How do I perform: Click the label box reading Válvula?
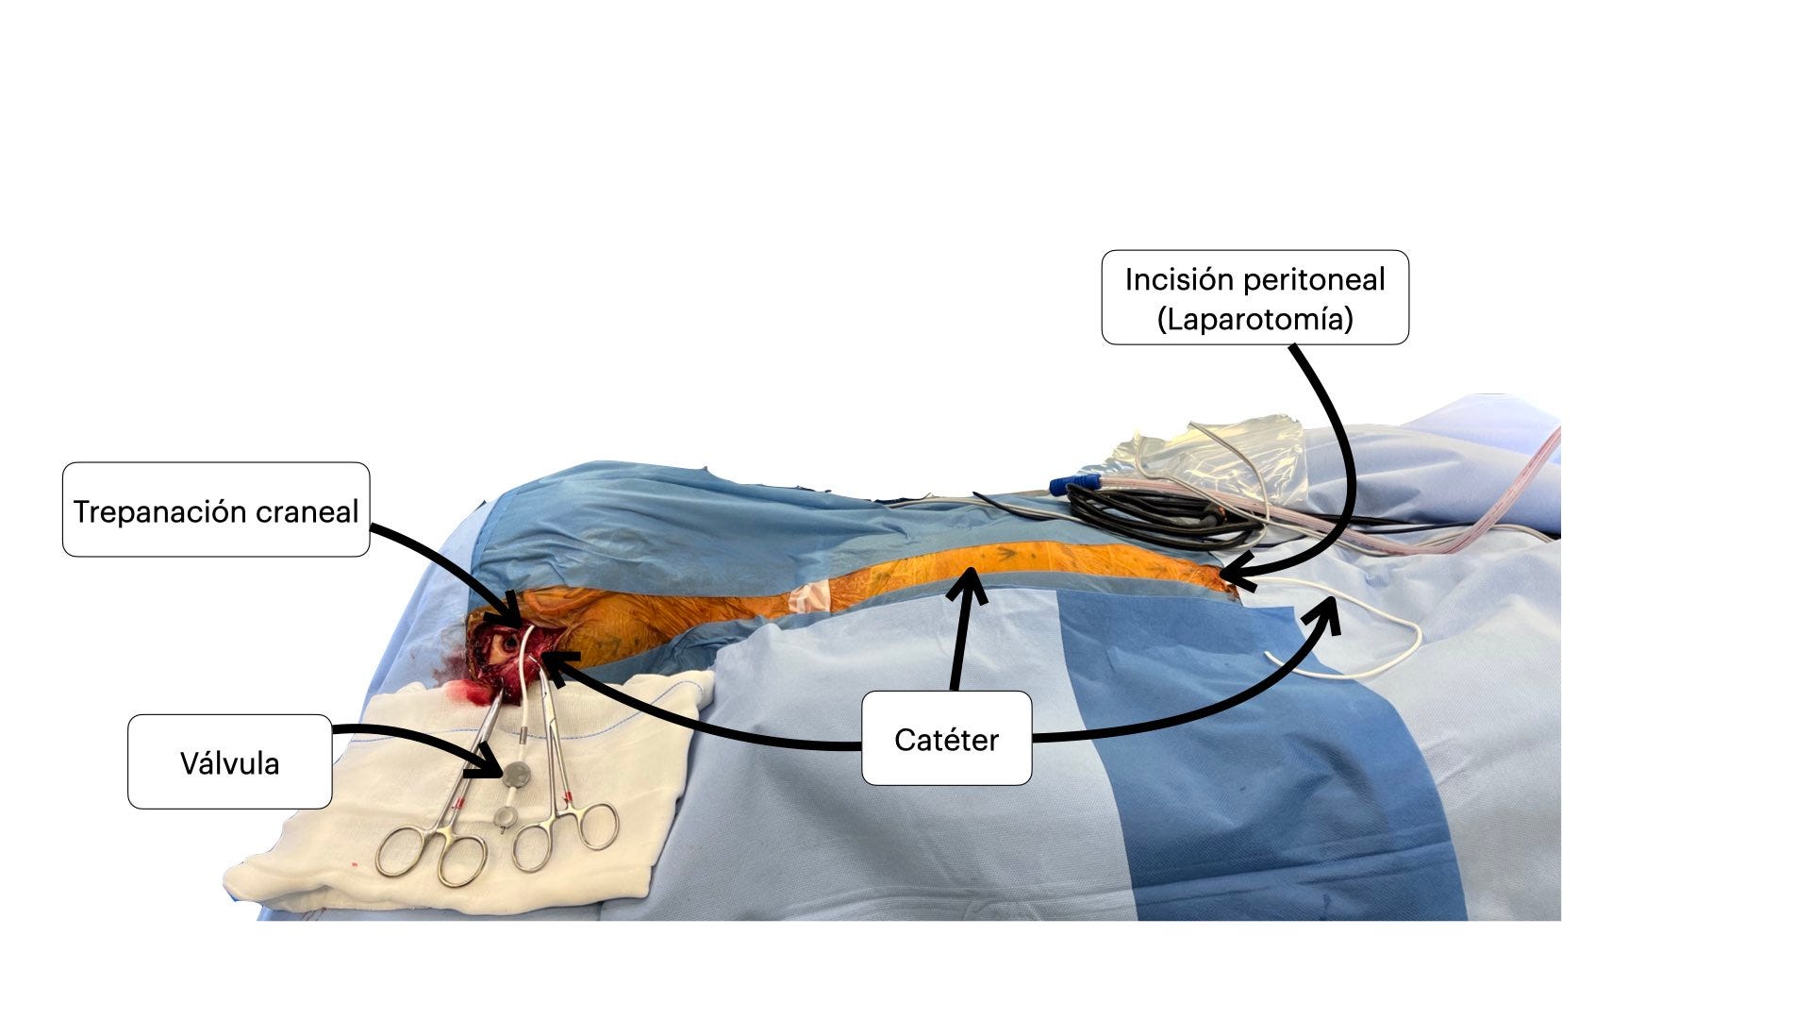[x=229, y=761]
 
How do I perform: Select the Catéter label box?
[x=946, y=739]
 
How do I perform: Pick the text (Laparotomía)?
[x=1254, y=319]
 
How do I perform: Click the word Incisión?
[x=1179, y=279]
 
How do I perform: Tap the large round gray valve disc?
[x=515, y=775]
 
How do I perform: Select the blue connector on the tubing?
[x=1075, y=485]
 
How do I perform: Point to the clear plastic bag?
[x=1217, y=453]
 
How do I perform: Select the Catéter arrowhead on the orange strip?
[x=968, y=581]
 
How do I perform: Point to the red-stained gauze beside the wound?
[x=472, y=693]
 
